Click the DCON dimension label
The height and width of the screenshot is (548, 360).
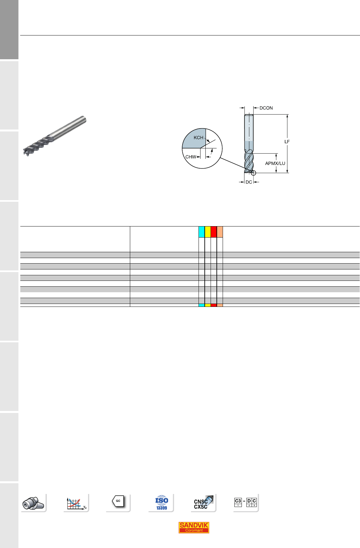click(x=266, y=108)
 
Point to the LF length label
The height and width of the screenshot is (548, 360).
click(x=287, y=142)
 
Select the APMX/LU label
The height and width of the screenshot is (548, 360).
click(x=275, y=163)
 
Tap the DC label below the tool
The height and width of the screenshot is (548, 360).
click(x=249, y=182)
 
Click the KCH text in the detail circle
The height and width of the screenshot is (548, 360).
click(x=199, y=138)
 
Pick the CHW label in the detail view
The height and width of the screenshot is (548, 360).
click(x=191, y=157)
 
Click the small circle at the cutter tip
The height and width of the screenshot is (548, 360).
click(x=254, y=173)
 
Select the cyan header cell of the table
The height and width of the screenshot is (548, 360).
click(x=202, y=232)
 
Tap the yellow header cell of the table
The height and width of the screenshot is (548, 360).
click(x=208, y=232)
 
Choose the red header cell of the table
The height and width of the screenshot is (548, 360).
click(x=214, y=232)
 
